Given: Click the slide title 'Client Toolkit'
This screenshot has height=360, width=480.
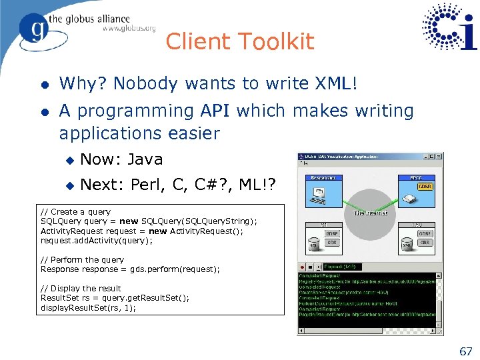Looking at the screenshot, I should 239,41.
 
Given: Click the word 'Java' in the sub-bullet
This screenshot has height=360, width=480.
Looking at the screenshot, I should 145,159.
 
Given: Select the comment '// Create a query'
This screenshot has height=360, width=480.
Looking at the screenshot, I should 75,211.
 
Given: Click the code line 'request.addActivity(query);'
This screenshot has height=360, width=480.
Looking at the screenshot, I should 97,241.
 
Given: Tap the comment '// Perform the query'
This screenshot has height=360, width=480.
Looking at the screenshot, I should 82,259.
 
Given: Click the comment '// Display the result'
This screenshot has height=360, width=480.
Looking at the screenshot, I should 81,289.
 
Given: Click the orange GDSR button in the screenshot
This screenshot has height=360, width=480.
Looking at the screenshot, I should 425,187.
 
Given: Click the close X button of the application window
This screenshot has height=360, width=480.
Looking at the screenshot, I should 438,157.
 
